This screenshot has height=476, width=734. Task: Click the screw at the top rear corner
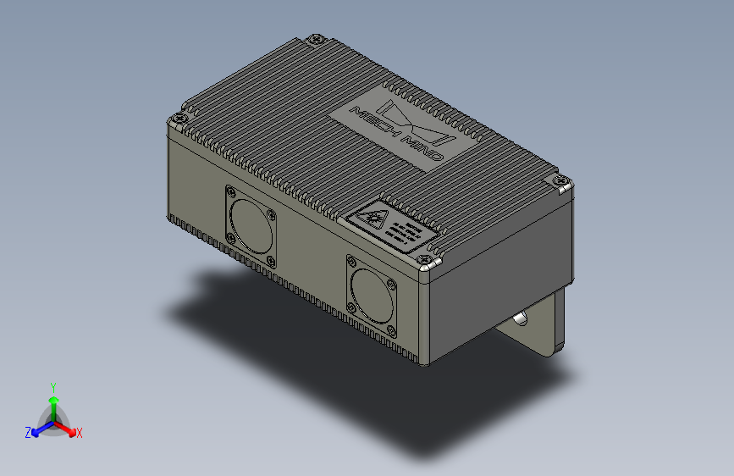[x=317, y=39]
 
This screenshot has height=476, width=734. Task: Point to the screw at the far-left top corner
[x=178, y=119]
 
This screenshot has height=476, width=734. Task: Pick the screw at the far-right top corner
[x=560, y=180]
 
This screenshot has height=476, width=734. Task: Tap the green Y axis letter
[x=52, y=386]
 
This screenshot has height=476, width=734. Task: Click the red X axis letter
[x=79, y=433]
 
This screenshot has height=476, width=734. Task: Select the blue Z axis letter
[x=28, y=432]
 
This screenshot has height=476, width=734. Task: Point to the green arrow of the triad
[x=52, y=401]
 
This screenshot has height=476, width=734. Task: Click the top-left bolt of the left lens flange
[x=231, y=192]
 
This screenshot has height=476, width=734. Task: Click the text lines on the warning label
[x=408, y=231]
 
